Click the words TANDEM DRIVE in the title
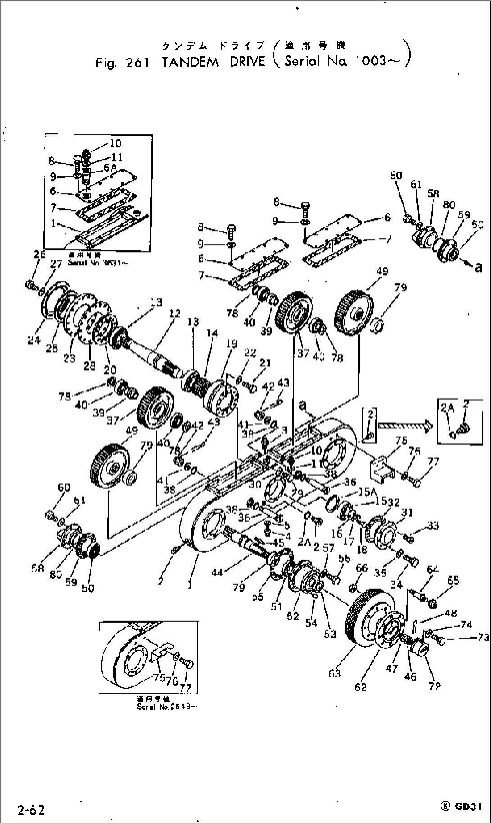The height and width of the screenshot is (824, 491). (213, 62)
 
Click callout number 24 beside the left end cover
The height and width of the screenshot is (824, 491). (34, 340)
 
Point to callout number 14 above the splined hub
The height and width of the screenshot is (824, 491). (212, 333)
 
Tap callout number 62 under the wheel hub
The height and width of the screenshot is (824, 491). (361, 687)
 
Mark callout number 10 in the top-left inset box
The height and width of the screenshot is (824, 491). (115, 143)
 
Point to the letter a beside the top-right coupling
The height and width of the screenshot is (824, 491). (478, 267)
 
